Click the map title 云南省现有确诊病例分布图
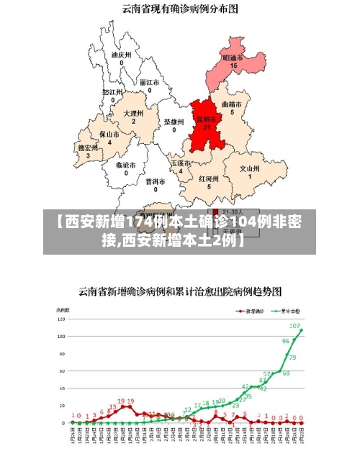180,9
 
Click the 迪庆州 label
121,54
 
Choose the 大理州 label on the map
133,114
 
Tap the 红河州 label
208,178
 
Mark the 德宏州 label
88,147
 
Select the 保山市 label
109,134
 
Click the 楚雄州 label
174,122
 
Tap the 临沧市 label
126,164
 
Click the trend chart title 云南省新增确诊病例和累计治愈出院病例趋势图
180,291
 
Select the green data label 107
294,326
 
